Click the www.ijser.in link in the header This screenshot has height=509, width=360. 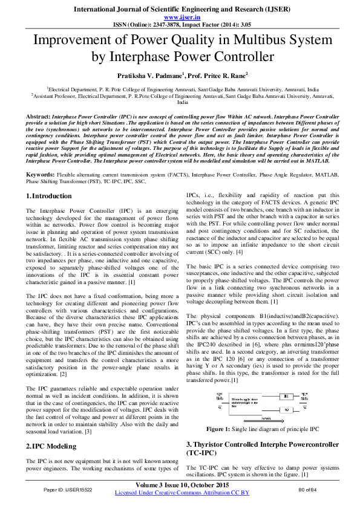coord(180,18)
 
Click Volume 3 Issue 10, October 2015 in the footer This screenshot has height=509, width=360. coord(180,485)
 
